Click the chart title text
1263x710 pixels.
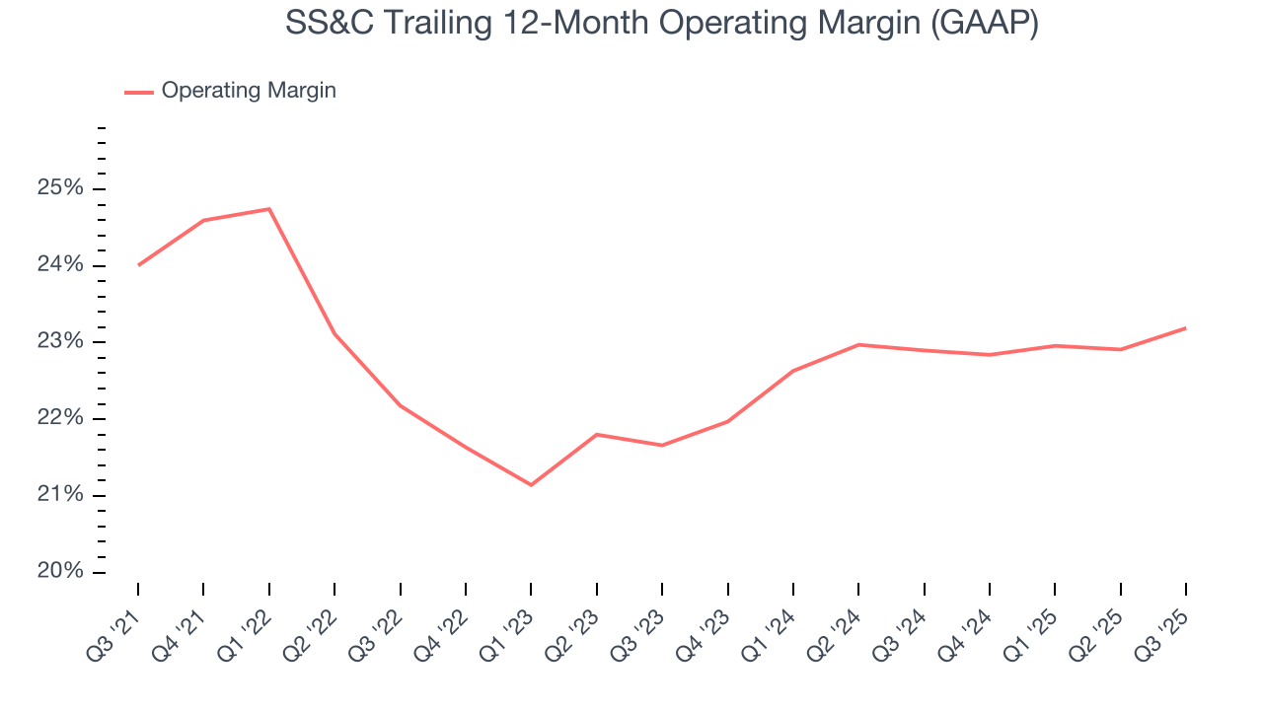coord(661,24)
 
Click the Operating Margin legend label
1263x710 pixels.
coord(249,91)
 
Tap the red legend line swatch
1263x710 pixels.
coord(139,92)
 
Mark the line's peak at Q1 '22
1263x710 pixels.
coord(269,209)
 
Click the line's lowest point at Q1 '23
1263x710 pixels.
coord(531,485)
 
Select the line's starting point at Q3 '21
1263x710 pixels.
coord(138,265)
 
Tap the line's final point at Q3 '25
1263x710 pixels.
coord(1186,327)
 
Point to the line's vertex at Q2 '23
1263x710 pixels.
coord(597,434)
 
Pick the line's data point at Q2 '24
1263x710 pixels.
coord(858,344)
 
